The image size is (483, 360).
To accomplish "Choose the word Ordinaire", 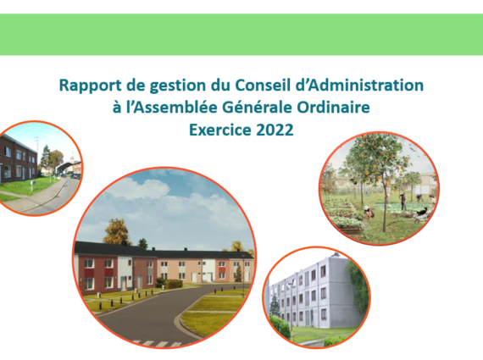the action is point(333,108).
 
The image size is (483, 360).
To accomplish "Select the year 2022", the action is point(275,130).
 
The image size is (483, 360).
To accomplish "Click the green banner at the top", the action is point(241,35).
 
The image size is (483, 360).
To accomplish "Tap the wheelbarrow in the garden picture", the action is point(419,215).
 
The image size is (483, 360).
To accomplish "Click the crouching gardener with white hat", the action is point(369,212).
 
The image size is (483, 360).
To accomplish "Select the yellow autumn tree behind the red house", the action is point(117,232).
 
